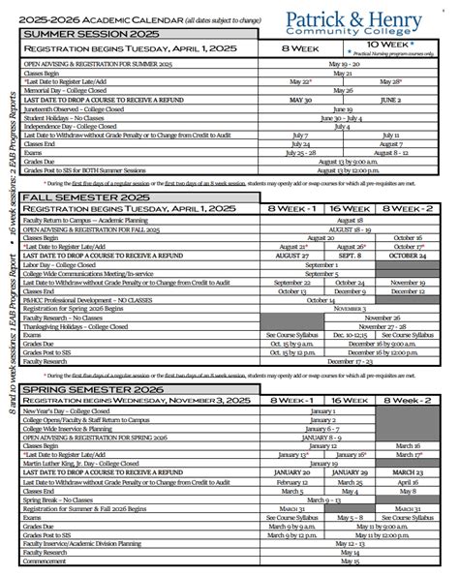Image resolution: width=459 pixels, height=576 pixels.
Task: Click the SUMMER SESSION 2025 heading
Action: [76, 32]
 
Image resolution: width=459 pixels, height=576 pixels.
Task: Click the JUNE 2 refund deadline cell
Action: [392, 99]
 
